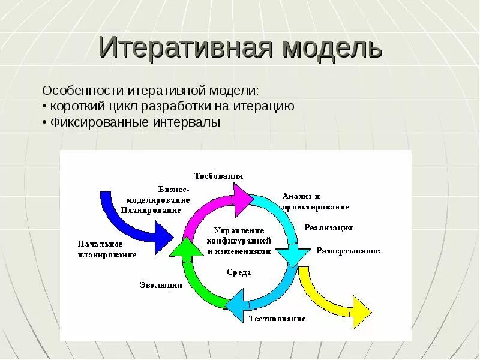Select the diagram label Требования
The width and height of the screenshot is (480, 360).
point(218,176)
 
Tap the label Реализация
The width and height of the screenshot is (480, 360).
point(328,228)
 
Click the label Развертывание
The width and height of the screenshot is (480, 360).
point(348,250)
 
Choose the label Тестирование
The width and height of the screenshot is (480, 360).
point(277,319)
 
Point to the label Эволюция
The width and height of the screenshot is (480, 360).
point(161,285)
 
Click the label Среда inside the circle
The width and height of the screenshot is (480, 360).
point(239,272)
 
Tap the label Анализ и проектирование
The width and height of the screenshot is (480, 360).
point(316,201)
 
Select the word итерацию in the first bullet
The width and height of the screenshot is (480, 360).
point(266,107)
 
